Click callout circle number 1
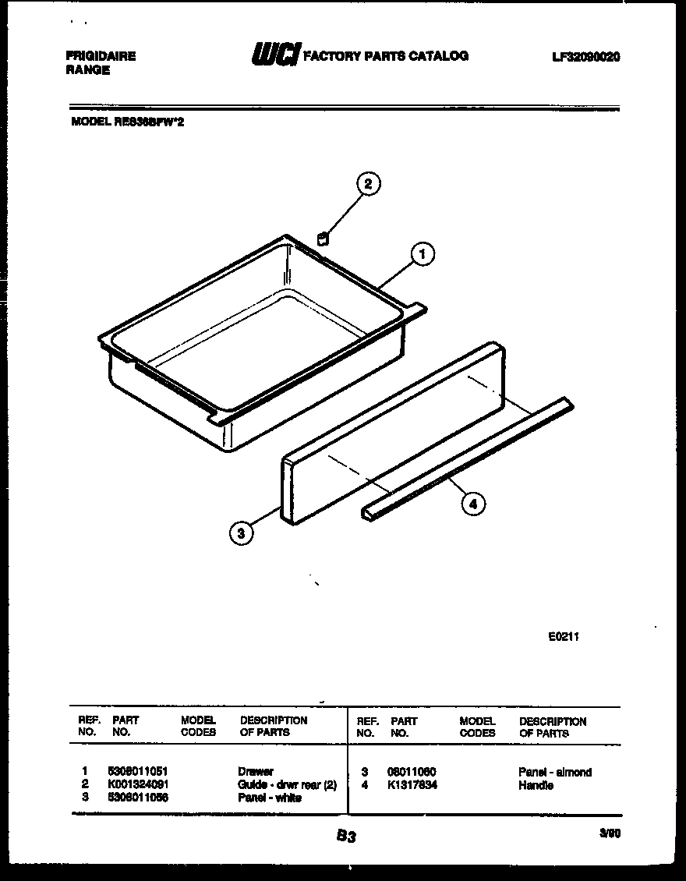coord(422,254)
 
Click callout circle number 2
coord(368,185)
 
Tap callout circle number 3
coord(242,533)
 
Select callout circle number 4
coord(471,504)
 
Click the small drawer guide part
coord(322,238)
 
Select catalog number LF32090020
coord(585,57)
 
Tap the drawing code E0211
coord(564,636)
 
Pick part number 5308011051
coord(139,771)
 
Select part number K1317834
coord(412,785)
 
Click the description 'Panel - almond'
coord(555,772)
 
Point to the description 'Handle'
coord(536,785)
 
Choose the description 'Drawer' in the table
coord(256,771)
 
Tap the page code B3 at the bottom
coord(346,837)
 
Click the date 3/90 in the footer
coord(610,833)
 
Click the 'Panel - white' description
coord(270,798)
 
